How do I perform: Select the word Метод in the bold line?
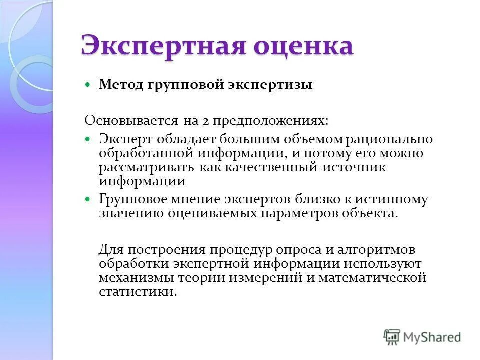(x=120, y=85)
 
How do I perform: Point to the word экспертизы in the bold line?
(x=270, y=85)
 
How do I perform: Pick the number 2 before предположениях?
(x=206, y=121)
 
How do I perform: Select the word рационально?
(x=390, y=139)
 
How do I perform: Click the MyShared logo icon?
(x=392, y=337)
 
